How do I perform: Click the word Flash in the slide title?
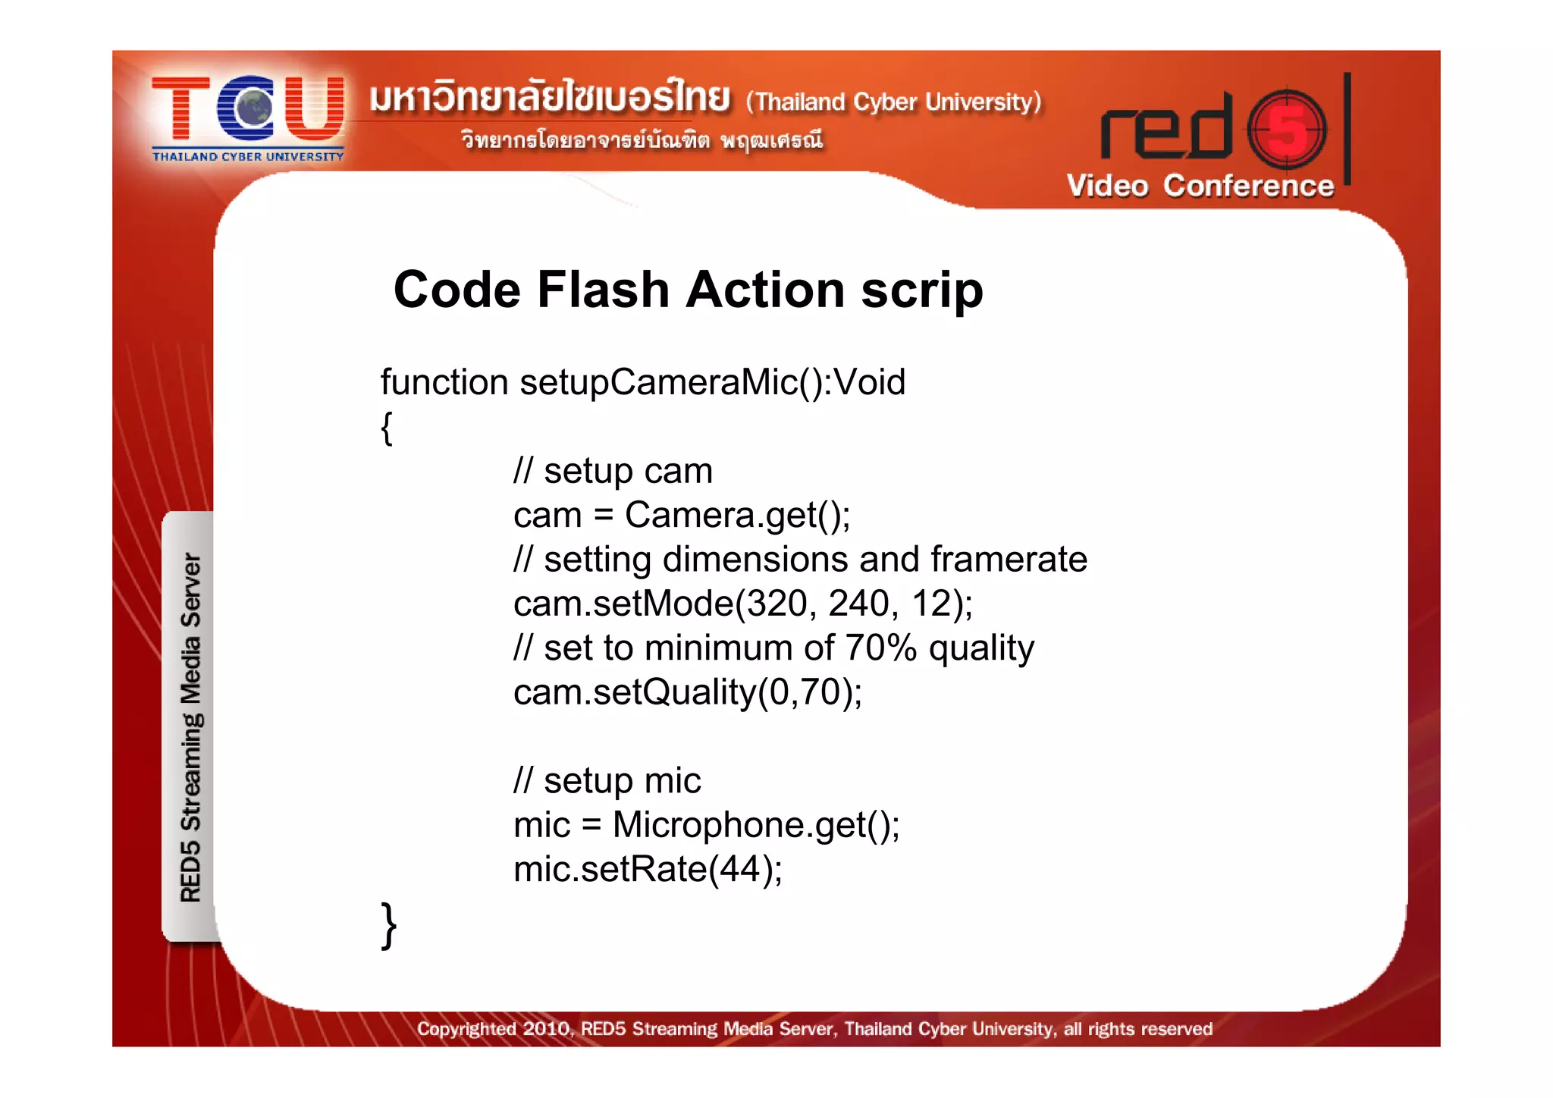coord(603,290)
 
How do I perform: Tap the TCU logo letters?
coord(248,109)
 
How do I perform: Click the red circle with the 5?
coord(1288,130)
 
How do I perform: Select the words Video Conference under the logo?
coord(1200,187)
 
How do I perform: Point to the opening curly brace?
coord(387,428)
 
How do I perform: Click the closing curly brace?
coord(388,926)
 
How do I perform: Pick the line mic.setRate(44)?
coord(648,870)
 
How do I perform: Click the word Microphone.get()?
coord(756,826)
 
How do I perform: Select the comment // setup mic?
coord(607,781)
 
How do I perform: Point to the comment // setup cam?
coord(613,472)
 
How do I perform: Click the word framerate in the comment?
coord(1009,560)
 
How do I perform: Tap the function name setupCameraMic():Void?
coord(712,382)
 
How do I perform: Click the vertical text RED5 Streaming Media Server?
coord(190,728)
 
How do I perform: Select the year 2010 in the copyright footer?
coord(546,1029)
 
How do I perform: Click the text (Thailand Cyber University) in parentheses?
coord(893,102)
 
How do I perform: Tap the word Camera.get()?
coord(737,516)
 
